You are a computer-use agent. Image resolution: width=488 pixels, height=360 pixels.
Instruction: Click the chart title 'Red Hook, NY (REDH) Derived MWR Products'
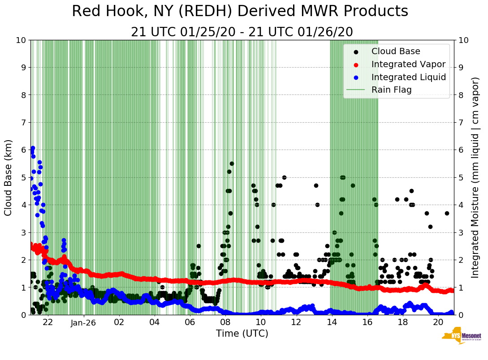click(x=240, y=11)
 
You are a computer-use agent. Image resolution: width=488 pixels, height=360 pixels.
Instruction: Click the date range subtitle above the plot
click(x=242, y=32)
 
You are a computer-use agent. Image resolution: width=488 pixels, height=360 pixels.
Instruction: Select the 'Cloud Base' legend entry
click(x=396, y=51)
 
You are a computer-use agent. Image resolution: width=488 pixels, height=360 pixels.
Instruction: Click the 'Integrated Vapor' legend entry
click(x=408, y=64)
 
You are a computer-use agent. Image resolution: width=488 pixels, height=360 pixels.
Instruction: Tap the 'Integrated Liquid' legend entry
click(x=409, y=77)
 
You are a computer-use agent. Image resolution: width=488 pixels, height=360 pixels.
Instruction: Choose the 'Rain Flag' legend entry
click(x=391, y=90)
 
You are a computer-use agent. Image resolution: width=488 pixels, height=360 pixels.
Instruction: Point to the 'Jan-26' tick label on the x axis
click(x=83, y=322)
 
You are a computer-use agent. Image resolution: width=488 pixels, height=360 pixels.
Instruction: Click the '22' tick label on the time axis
click(x=48, y=322)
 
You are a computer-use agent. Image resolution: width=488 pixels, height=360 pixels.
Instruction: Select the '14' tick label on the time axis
click(x=332, y=322)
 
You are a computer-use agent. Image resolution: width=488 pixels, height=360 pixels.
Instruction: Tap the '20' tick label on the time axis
click(x=438, y=322)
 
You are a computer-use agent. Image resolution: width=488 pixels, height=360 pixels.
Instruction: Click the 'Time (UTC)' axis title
click(x=242, y=334)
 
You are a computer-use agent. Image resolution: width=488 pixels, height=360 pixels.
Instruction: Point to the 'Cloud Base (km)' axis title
click(x=9, y=177)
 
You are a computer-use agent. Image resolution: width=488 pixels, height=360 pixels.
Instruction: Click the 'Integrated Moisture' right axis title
click(x=475, y=177)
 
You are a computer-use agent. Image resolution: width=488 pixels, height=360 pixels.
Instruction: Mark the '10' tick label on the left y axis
click(x=21, y=40)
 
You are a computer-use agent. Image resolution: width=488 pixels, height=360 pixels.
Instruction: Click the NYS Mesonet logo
click(x=461, y=337)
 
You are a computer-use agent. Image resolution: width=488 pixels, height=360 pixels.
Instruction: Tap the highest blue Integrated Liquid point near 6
click(x=33, y=148)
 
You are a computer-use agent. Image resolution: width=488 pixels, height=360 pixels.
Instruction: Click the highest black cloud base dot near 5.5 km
click(x=232, y=163)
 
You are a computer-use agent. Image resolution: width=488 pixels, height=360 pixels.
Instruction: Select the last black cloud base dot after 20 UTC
click(x=447, y=213)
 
